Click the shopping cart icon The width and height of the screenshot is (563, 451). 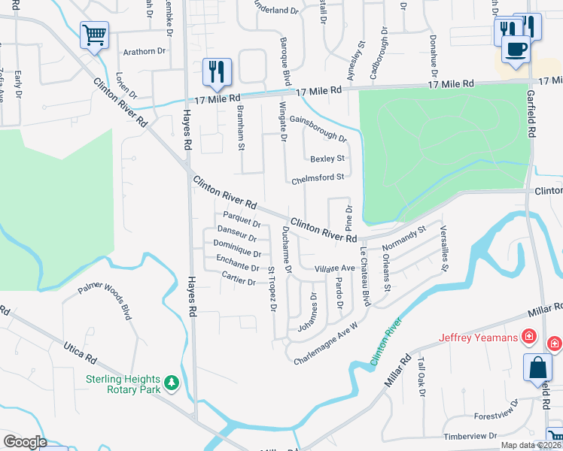point(94,35)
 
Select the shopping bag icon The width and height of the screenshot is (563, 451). point(538,368)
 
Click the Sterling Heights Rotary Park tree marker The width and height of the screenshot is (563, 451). point(172,383)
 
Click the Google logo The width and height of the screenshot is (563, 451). point(24,442)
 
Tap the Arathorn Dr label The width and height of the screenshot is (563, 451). point(145,51)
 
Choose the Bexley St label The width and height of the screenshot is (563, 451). point(327,159)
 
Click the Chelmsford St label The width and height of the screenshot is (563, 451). point(318,177)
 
